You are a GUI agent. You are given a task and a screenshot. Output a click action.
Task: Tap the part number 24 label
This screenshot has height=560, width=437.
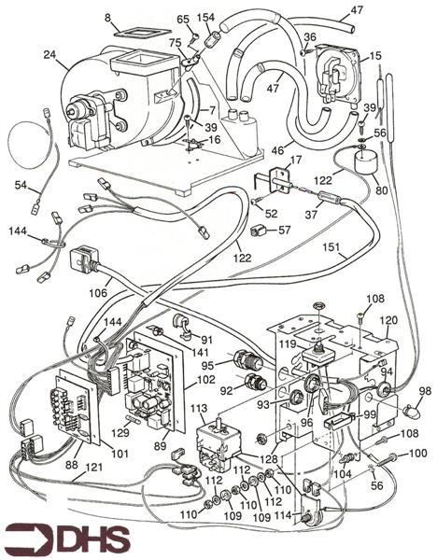[51, 55]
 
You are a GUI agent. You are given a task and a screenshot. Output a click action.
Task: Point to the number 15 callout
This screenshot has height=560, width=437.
[375, 56]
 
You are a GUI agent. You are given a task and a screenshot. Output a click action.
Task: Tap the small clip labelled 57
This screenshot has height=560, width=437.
[259, 231]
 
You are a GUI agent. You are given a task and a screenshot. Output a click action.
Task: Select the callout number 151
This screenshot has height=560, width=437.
[331, 247]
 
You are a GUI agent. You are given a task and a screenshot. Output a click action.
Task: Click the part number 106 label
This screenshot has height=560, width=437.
[99, 293]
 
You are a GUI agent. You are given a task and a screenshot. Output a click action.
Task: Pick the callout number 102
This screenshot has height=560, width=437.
[205, 379]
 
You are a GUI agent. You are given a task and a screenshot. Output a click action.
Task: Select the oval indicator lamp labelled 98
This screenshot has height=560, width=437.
[412, 413]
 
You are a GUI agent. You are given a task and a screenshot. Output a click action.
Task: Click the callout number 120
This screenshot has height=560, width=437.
[388, 321]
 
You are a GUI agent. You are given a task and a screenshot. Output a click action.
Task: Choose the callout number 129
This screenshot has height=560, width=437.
[120, 432]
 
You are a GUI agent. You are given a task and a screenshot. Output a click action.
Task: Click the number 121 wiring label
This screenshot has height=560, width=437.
[93, 468]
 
